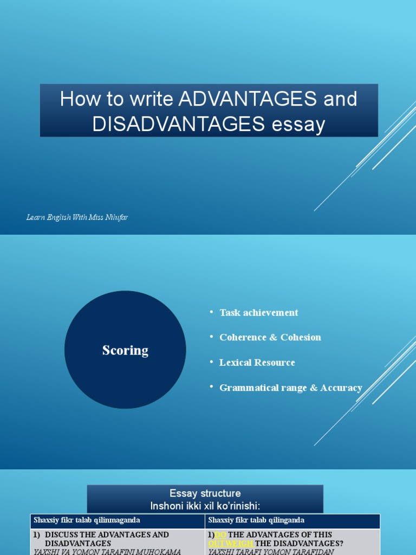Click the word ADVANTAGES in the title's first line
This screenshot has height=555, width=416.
[x=248, y=99]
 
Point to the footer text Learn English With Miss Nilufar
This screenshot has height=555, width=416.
[x=77, y=217]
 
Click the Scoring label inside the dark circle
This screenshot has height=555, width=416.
[x=125, y=350]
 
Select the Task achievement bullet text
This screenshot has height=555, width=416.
[x=258, y=313]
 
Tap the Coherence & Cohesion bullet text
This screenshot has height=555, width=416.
[x=270, y=337]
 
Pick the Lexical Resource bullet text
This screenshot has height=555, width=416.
[x=257, y=363]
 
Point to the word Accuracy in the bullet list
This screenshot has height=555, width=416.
[x=341, y=388]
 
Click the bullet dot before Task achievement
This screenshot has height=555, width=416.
[x=211, y=312]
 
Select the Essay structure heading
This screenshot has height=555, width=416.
[x=205, y=493]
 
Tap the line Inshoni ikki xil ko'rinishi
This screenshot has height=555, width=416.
[x=205, y=506]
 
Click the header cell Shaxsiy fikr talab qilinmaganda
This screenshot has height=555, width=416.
[x=87, y=520]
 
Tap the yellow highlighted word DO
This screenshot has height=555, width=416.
[x=220, y=534]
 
